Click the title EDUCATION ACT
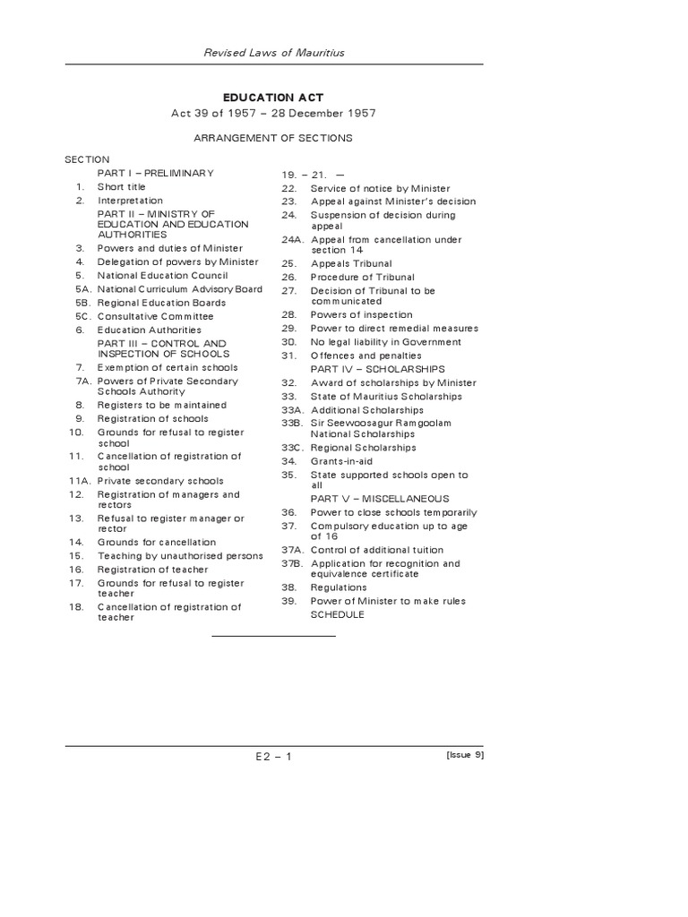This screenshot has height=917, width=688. [273, 97]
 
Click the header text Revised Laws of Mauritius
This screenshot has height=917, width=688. [273, 53]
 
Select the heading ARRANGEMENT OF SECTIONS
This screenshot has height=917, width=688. [273, 138]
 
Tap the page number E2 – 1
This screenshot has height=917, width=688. [273, 756]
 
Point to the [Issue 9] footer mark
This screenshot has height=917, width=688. [464, 755]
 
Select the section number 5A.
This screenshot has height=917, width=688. [83, 289]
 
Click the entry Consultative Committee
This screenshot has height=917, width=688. [155, 316]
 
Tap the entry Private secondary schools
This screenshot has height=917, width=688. [160, 481]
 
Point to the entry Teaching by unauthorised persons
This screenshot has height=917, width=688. [180, 556]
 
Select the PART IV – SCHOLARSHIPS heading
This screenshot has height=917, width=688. [377, 369]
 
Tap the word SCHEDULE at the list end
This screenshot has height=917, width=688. [337, 614]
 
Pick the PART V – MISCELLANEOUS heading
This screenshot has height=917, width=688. [380, 498]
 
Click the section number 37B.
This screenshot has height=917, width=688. [291, 564]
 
